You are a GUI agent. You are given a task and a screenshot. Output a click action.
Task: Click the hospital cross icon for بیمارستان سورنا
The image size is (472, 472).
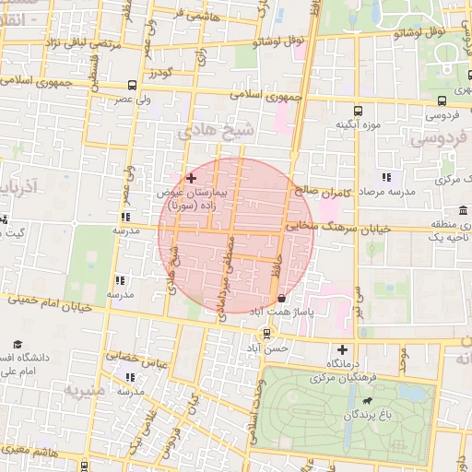click(191, 177)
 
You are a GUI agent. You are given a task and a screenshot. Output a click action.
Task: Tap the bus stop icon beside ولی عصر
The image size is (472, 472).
click(133, 85)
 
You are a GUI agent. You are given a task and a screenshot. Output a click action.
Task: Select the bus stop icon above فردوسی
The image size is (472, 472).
click(443, 101)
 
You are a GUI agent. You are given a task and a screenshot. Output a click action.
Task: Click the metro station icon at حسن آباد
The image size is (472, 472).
click(266, 333)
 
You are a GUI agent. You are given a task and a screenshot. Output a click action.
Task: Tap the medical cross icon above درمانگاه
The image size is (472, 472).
click(343, 349)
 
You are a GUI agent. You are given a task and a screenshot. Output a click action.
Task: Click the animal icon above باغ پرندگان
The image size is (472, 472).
click(368, 402)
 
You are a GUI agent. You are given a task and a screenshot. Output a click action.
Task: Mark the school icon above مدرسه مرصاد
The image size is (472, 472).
click(386, 177)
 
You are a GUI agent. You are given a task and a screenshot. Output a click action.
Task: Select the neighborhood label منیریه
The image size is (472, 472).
click(88, 391)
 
